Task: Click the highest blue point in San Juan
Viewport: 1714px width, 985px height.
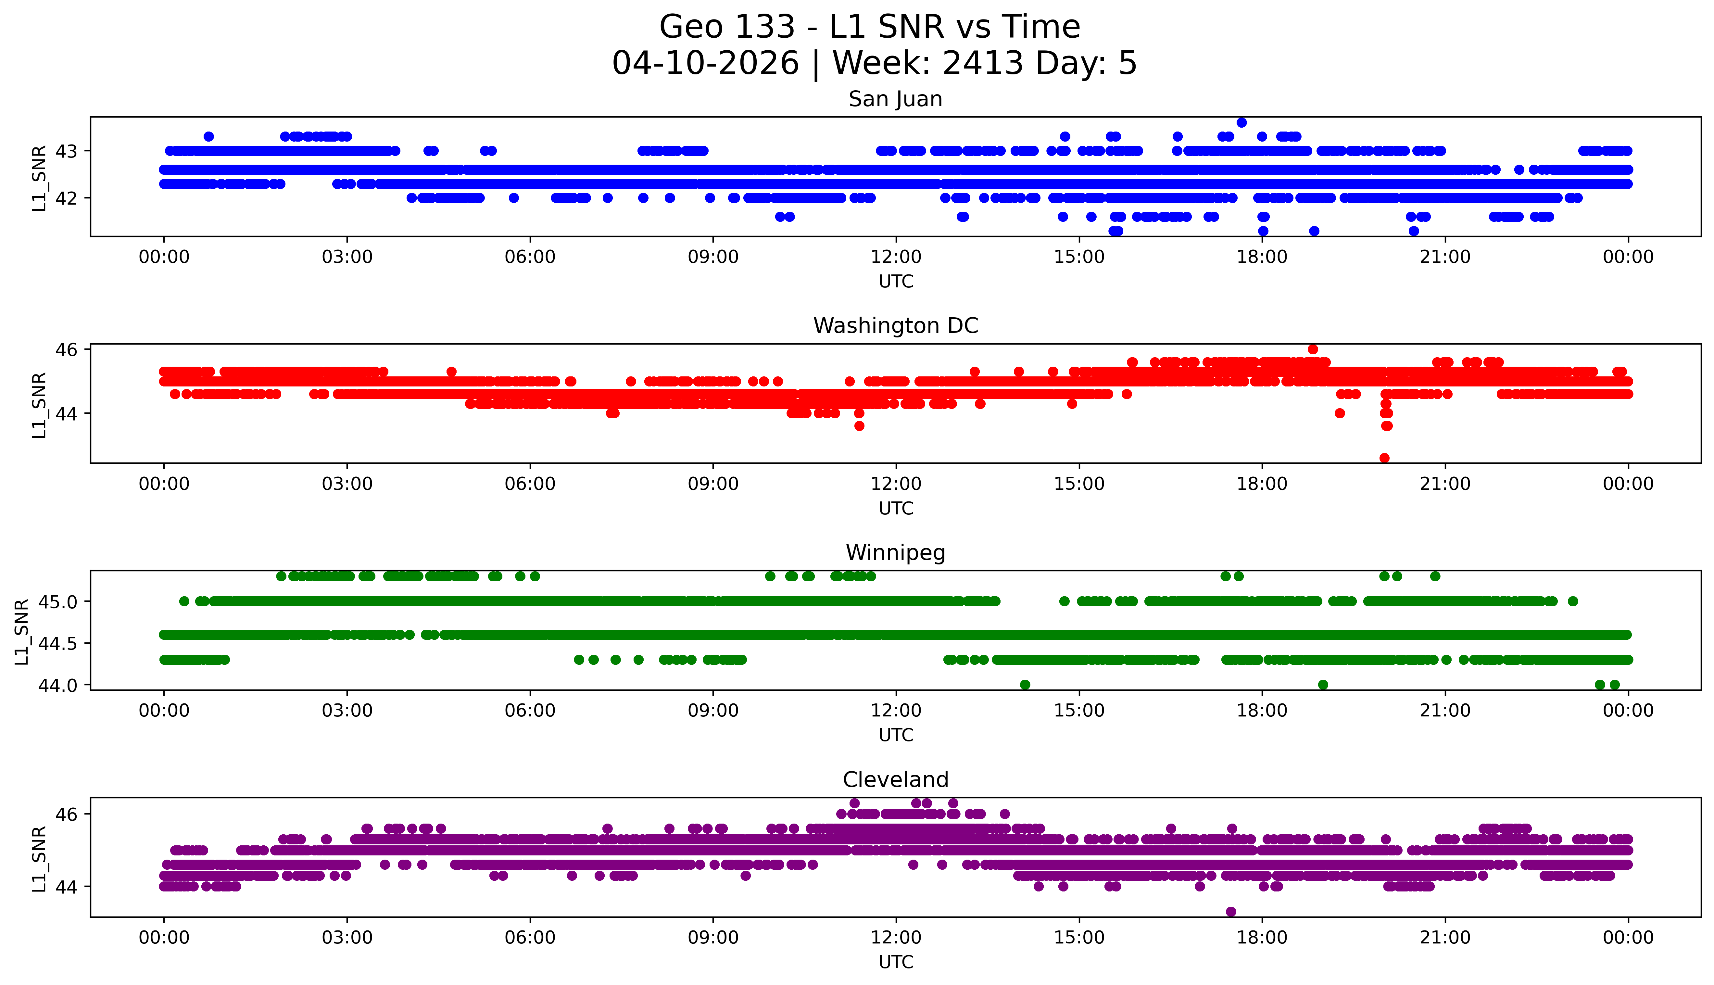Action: click(1241, 122)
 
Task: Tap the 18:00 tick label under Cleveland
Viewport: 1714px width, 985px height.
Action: click(1262, 938)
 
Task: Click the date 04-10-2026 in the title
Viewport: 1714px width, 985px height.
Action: click(705, 64)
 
